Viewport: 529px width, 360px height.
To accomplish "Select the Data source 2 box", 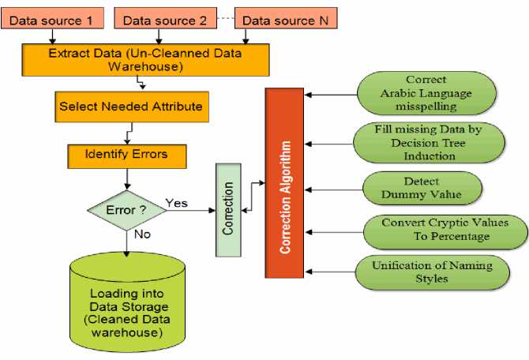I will click(x=165, y=18).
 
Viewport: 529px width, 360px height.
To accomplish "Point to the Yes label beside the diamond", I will click(x=177, y=203).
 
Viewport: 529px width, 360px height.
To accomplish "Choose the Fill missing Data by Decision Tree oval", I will click(x=426, y=142).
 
